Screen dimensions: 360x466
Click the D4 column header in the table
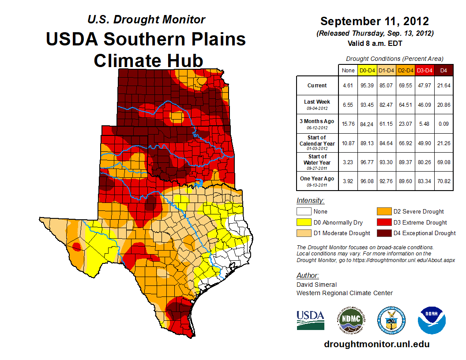pos(443,70)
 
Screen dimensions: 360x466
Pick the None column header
pos(348,70)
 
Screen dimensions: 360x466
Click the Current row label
pos(317,86)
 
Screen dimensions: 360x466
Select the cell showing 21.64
pos(443,86)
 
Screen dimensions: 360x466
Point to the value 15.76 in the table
pos(348,124)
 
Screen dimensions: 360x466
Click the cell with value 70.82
pos(443,181)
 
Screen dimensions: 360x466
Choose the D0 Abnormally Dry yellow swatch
pos(304,222)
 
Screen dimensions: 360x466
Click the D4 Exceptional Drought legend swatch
pos(383,233)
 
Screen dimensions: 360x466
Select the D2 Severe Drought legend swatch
pos(383,211)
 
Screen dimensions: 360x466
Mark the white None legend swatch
pos(304,211)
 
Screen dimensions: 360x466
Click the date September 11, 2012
pos(375,21)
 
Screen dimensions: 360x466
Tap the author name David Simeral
pos(316,285)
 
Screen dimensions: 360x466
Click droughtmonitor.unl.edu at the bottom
pos(376,344)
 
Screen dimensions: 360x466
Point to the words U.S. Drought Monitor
pos(146,19)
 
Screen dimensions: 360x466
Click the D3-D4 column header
pos(425,70)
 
